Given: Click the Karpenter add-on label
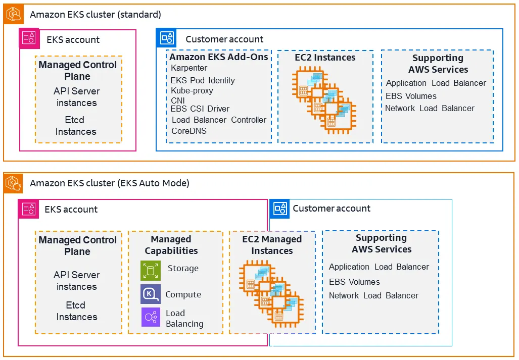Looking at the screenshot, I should pyautogui.click(x=189, y=68).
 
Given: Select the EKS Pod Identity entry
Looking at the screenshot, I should pyautogui.click(x=203, y=80).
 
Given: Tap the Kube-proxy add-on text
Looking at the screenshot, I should pyautogui.click(x=192, y=91).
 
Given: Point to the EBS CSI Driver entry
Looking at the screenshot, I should pyautogui.click(x=200, y=109).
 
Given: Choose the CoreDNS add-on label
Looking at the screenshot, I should pyautogui.click(x=189, y=131).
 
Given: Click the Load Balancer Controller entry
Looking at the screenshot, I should pyautogui.click(x=219, y=120).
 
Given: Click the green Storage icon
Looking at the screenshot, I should pyautogui.click(x=151, y=271).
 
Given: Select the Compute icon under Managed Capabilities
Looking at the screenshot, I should pyautogui.click(x=151, y=294).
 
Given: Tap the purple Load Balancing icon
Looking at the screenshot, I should pyautogui.click(x=151, y=318).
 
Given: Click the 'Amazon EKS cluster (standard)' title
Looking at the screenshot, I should pyautogui.click(x=96, y=15).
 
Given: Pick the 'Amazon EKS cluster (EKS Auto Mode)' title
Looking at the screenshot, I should pyautogui.click(x=110, y=183).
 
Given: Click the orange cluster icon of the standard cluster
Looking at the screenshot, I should pyautogui.click(x=13, y=15).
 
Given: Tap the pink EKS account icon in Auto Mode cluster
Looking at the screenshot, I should pyautogui.click(x=28, y=209).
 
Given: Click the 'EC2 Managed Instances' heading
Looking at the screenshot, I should pyautogui.click(x=272, y=245).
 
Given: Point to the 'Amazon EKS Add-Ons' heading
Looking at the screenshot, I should pyautogui.click(x=219, y=57).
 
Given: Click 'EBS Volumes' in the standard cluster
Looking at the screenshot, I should pyautogui.click(x=411, y=96).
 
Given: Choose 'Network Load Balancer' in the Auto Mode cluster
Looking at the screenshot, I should pyautogui.click(x=373, y=295).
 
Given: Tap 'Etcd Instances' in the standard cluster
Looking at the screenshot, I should pyautogui.click(x=75, y=126).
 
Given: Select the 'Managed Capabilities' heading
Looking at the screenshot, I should pyautogui.click(x=171, y=245).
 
